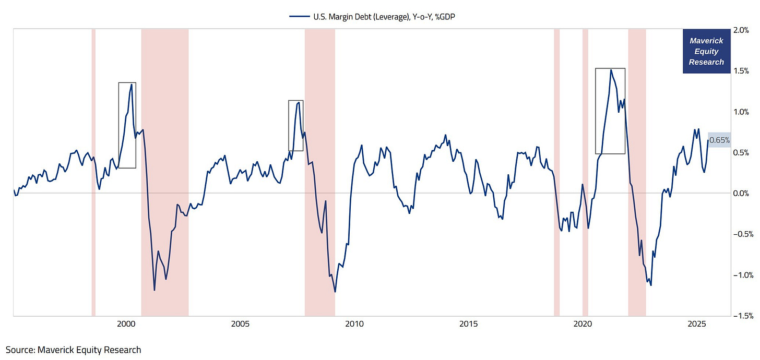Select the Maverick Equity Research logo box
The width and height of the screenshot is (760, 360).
[x=706, y=51]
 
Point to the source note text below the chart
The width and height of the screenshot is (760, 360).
[x=74, y=350]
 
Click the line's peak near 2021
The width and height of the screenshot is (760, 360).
[x=611, y=70]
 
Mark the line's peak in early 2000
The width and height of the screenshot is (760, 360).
[x=131, y=85]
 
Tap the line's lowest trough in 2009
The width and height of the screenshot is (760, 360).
[x=335, y=292]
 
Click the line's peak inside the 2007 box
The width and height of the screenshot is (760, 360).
[x=298, y=102]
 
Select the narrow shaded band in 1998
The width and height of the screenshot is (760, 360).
[x=93, y=172]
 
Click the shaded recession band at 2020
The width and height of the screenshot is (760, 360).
[x=585, y=172]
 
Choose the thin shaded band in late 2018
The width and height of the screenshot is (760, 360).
[x=556, y=172]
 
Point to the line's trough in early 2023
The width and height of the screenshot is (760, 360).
[x=651, y=285]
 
